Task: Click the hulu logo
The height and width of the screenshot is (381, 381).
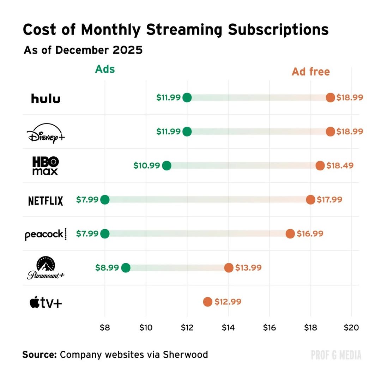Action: tap(46, 98)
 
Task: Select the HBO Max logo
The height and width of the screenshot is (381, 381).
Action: tap(46, 166)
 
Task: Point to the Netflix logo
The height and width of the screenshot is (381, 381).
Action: tap(46, 201)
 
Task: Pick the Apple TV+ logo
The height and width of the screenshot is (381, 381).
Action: tap(46, 302)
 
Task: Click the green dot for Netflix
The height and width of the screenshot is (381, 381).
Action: tap(105, 200)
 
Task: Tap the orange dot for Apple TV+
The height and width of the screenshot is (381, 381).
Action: tap(207, 302)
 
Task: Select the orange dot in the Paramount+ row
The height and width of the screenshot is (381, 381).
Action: tap(229, 268)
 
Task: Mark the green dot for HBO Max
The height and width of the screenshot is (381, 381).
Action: tap(167, 165)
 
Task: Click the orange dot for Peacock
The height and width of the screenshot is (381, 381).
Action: tap(290, 234)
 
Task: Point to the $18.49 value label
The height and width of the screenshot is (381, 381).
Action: tap(340, 165)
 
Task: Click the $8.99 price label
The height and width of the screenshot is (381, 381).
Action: tap(107, 268)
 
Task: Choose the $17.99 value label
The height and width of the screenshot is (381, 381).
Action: tap(329, 200)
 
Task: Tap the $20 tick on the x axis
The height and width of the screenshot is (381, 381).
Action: tap(351, 327)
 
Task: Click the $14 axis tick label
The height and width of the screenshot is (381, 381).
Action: tap(228, 327)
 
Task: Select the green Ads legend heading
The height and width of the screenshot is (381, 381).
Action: tap(105, 69)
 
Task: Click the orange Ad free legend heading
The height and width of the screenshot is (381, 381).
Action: tap(310, 72)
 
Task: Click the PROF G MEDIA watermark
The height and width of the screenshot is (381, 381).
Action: tap(336, 355)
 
